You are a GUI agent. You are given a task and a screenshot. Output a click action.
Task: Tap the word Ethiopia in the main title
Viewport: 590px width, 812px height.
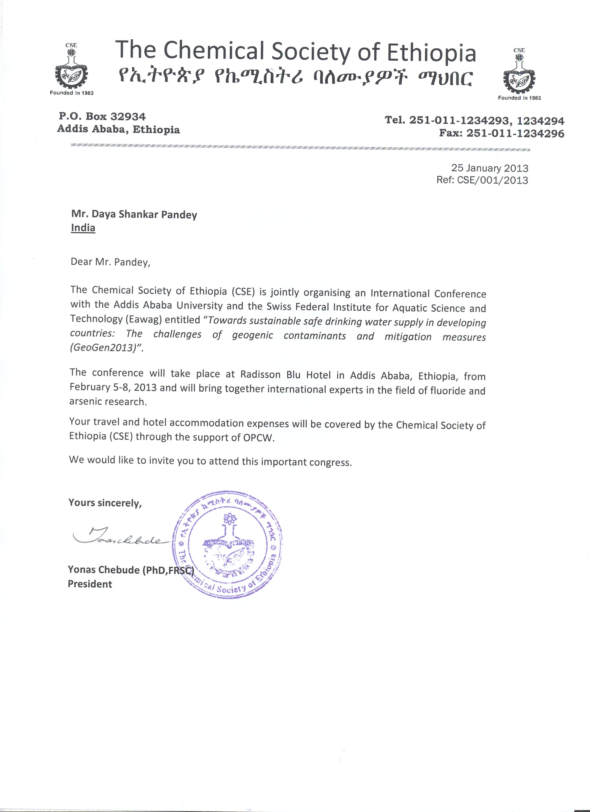click(432, 53)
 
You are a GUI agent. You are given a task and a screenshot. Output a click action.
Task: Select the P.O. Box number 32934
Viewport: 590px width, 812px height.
click(128, 117)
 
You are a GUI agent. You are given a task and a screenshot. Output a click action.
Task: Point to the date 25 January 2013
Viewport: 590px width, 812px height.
click(489, 168)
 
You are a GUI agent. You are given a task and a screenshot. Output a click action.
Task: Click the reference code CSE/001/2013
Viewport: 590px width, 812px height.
click(493, 180)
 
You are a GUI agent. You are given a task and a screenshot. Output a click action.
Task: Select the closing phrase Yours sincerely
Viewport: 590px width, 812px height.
click(105, 503)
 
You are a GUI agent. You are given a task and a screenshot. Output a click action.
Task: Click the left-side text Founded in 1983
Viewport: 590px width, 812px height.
click(71, 93)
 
